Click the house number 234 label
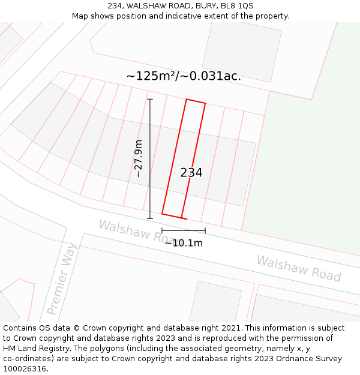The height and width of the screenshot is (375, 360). click(x=191, y=173)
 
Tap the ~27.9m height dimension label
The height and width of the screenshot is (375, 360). click(x=139, y=158)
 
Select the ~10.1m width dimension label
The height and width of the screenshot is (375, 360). click(x=184, y=243)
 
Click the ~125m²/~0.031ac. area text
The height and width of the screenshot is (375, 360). click(x=184, y=76)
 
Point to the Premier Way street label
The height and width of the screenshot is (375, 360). click(x=62, y=278)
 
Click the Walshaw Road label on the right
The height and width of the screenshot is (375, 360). click(x=299, y=268)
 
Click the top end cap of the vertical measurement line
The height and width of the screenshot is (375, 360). click(x=150, y=99)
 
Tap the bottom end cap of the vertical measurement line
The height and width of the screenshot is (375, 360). click(x=150, y=218)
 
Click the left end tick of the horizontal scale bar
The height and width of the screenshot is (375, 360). click(x=162, y=230)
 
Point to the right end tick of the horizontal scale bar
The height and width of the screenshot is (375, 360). click(x=205, y=230)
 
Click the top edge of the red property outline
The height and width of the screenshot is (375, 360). click(x=196, y=101)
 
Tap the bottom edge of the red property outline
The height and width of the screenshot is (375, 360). click(x=172, y=215)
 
